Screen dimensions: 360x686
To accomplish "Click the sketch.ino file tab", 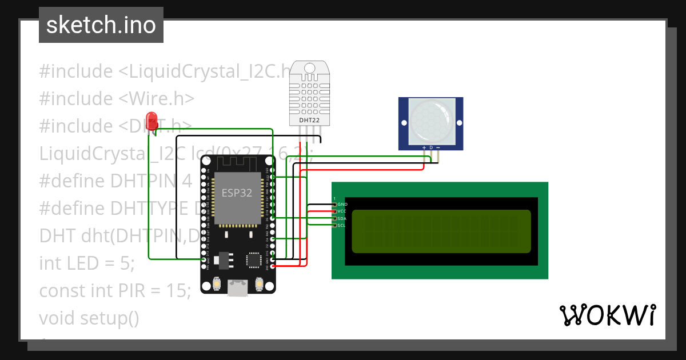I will [x=101, y=25].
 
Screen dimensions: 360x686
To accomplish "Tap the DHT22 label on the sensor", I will [x=309, y=121].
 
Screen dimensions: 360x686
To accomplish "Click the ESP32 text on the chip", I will [x=237, y=193].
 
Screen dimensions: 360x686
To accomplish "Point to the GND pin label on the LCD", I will [x=342, y=204].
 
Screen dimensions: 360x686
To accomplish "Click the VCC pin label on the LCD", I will [x=342, y=211].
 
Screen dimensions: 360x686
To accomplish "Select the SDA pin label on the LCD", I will [x=342, y=218].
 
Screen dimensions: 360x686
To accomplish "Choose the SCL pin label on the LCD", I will [x=341, y=226].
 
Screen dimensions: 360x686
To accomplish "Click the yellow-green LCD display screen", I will [x=440, y=231].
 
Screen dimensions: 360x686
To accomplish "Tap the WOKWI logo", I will [x=607, y=315].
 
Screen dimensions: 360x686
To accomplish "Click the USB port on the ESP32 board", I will [x=238, y=287].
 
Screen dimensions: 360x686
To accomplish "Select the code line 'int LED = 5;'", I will [x=87, y=263].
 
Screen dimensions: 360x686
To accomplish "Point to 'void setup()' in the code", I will [x=89, y=318].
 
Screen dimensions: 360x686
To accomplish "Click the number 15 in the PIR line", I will [x=177, y=291].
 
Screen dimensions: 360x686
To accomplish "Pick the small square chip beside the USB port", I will [x=252, y=261].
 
